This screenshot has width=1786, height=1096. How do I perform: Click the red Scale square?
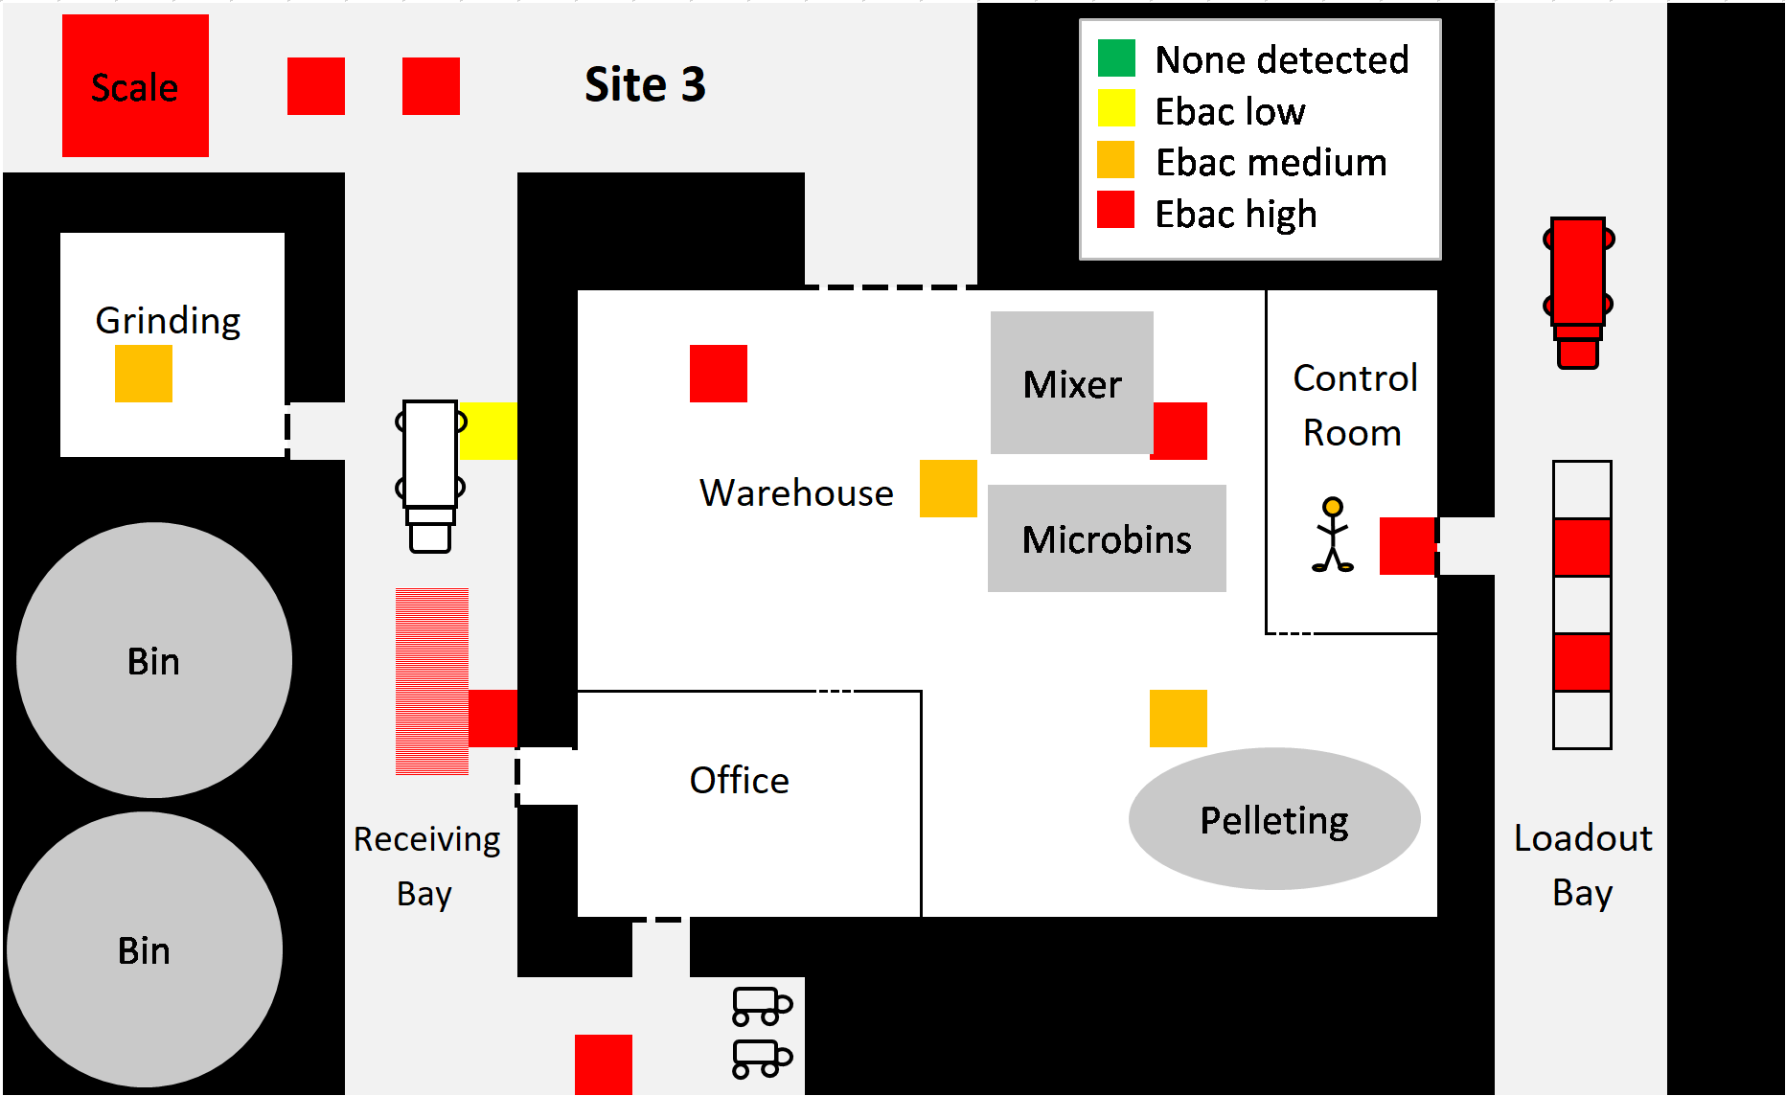[135, 85]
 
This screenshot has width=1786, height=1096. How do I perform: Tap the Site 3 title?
[645, 85]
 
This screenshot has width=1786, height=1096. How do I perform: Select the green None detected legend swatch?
[1116, 57]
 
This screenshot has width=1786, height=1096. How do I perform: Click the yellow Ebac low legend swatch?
[1116, 108]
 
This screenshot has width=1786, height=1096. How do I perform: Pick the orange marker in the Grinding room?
[144, 374]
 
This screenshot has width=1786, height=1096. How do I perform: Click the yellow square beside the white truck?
[488, 431]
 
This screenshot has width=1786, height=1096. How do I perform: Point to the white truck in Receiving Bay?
[430, 476]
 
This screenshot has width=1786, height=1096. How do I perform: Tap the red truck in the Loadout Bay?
[1578, 292]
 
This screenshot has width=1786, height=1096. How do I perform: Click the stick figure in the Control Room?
[1333, 535]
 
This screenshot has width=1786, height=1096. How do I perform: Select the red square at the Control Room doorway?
[1408, 546]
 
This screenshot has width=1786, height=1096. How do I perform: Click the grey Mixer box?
[1072, 382]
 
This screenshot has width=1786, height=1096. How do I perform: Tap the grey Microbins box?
[1107, 538]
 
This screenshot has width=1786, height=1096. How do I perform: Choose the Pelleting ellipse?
[1274, 819]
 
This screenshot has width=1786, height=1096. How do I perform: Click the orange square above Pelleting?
[1179, 719]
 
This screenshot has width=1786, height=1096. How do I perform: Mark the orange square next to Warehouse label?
[949, 489]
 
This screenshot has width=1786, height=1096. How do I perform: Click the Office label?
[740, 781]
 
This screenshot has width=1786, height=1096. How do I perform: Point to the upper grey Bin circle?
[154, 660]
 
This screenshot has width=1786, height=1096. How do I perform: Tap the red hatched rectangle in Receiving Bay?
[432, 681]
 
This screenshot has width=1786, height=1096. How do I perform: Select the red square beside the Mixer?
[1179, 431]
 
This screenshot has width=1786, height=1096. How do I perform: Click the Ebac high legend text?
[1236, 214]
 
